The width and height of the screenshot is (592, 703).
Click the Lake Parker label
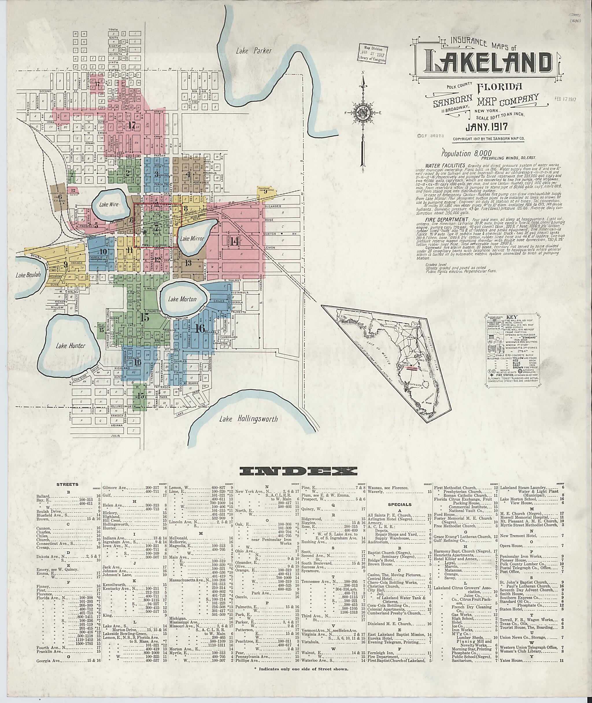pyautogui.click(x=254, y=51)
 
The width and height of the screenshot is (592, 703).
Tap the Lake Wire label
pyautogui.click(x=108, y=204)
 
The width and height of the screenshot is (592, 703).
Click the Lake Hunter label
pyautogui.click(x=71, y=346)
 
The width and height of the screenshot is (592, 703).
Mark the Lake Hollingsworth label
pyautogui.click(x=249, y=419)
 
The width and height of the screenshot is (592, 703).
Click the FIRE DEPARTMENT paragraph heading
pyautogui.click(x=444, y=219)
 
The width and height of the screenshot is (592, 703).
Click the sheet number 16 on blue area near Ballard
pyautogui.click(x=199, y=329)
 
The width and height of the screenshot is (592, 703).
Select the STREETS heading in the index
pyautogui.click(x=67, y=484)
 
